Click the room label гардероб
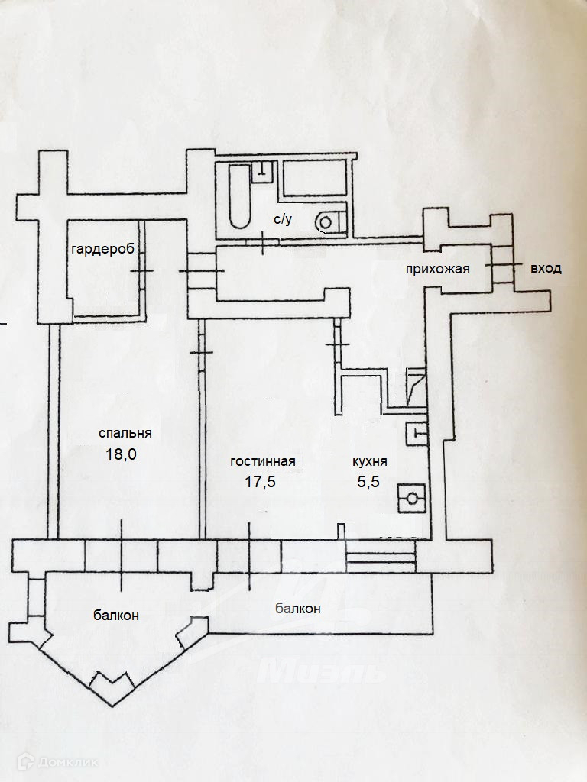tap(103, 250)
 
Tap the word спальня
tap(125, 432)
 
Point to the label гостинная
tap(263, 461)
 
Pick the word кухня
tap(369, 461)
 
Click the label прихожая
tap(437, 268)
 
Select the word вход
tap(546, 268)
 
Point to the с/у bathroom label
tap(283, 219)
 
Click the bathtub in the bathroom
tap(239, 197)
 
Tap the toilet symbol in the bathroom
tap(328, 221)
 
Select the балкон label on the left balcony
tap(116, 615)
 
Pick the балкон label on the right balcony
tap(297, 609)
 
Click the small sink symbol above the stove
tap(417, 433)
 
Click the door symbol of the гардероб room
tap(142, 271)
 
